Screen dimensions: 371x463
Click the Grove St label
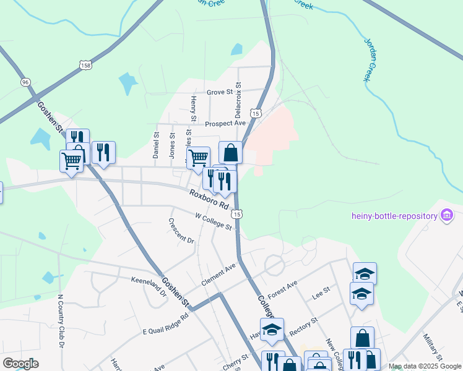tap(219, 92)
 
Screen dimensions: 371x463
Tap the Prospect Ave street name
tap(225, 124)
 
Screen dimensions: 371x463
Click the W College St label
tap(213, 221)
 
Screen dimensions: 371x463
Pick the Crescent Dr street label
tap(181, 231)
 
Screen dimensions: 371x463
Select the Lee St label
tap(321, 292)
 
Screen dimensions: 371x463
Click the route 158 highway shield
tap(85, 64)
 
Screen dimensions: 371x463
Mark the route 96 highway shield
tap(25, 82)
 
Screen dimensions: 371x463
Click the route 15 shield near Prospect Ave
tap(256, 113)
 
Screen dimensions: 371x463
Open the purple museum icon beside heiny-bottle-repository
tap(446, 215)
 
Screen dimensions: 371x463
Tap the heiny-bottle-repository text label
tap(394, 216)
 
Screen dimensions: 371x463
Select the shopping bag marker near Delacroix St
tap(230, 152)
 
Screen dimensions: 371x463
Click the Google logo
tap(20, 364)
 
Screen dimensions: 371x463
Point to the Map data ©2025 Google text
tap(424, 366)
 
